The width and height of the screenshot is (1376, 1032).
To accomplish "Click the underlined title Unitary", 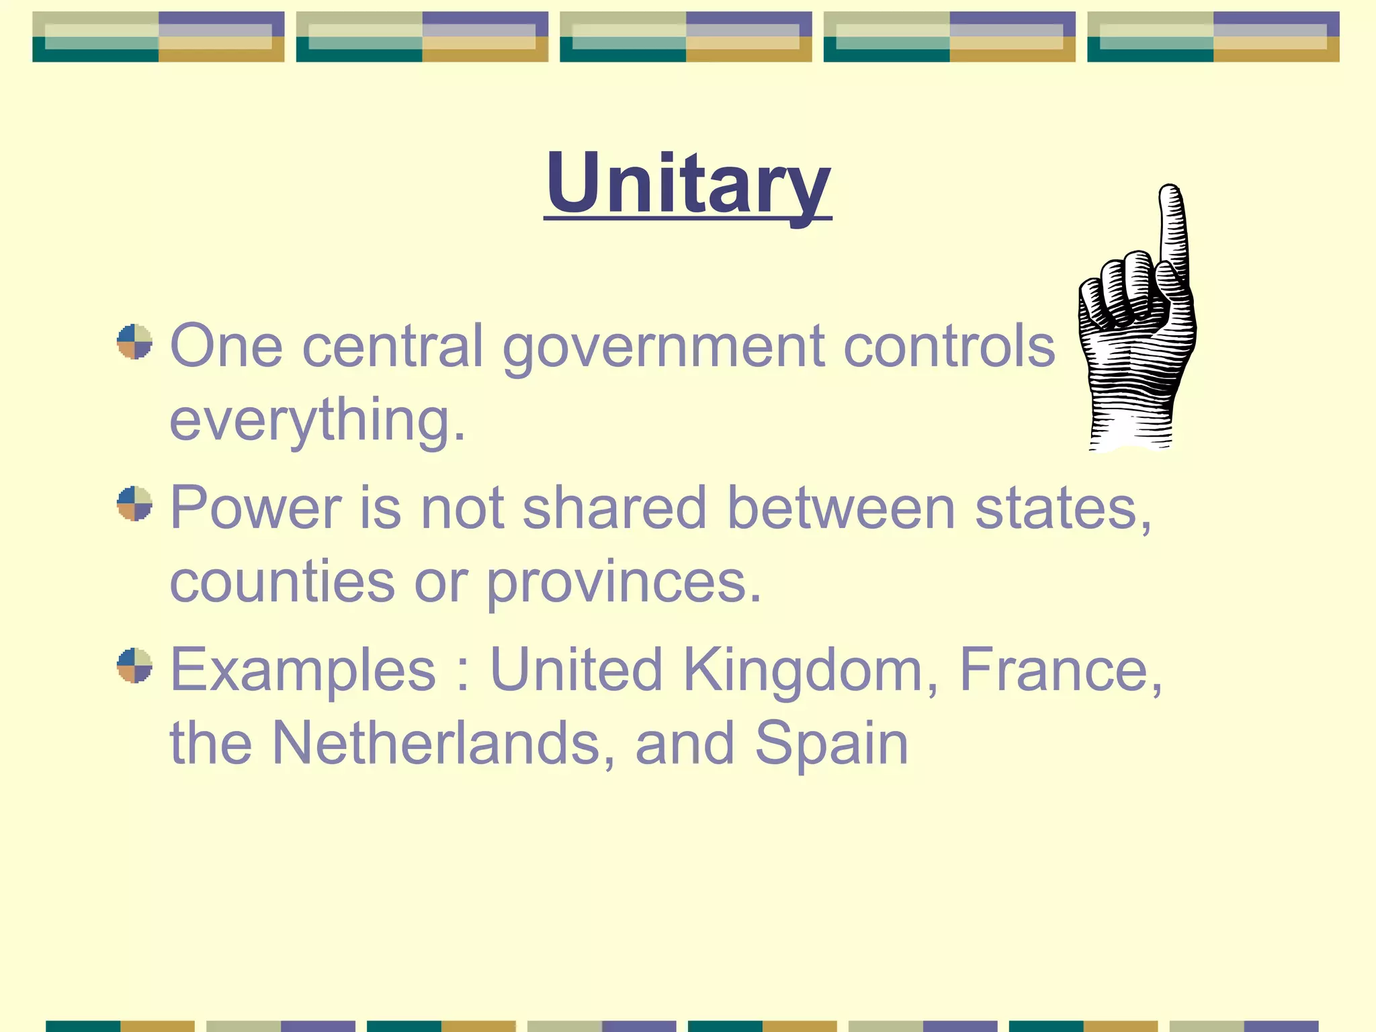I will pyautogui.click(x=688, y=183).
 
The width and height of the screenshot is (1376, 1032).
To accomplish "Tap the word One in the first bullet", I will pyautogui.click(x=226, y=346).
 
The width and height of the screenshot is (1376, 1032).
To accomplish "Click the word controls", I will pyautogui.click(x=949, y=346).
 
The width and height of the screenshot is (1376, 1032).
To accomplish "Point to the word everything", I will pyautogui.click(x=317, y=421).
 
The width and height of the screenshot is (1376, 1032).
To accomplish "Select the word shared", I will pyautogui.click(x=614, y=508).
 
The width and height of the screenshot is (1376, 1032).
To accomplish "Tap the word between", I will pyautogui.click(x=841, y=508).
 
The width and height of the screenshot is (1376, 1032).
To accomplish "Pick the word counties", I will pyautogui.click(x=282, y=582).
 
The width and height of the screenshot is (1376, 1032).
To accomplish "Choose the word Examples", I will pyautogui.click(x=303, y=670).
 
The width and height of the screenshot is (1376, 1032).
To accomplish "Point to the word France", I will pyautogui.click(x=1060, y=670).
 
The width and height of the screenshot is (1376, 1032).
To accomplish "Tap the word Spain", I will pyautogui.click(x=831, y=744).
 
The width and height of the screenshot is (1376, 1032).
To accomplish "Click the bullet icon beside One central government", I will pyautogui.click(x=134, y=342).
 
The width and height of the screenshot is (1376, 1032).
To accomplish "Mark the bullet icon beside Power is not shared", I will pyautogui.click(x=134, y=504).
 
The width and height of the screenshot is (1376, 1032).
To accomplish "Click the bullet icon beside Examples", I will pyautogui.click(x=134, y=665).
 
